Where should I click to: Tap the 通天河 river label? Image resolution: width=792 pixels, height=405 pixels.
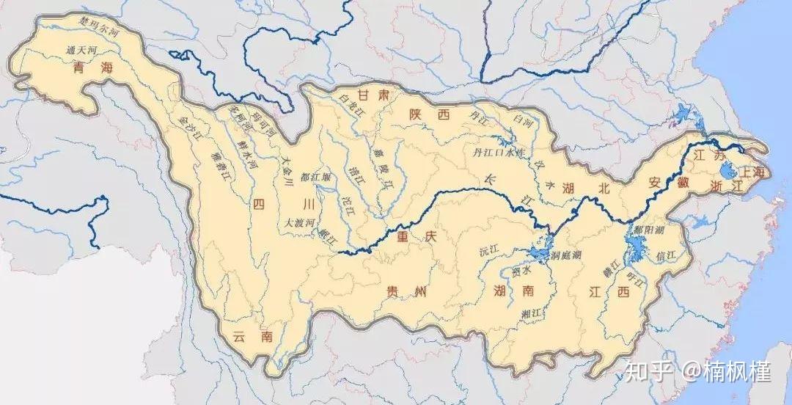(81, 50)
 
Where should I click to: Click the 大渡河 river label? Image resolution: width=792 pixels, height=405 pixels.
(299, 221)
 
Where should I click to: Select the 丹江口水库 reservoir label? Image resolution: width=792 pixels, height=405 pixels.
(499, 152)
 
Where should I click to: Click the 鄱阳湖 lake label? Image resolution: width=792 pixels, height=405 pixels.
(650, 229)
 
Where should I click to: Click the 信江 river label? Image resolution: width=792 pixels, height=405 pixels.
(670, 255)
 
